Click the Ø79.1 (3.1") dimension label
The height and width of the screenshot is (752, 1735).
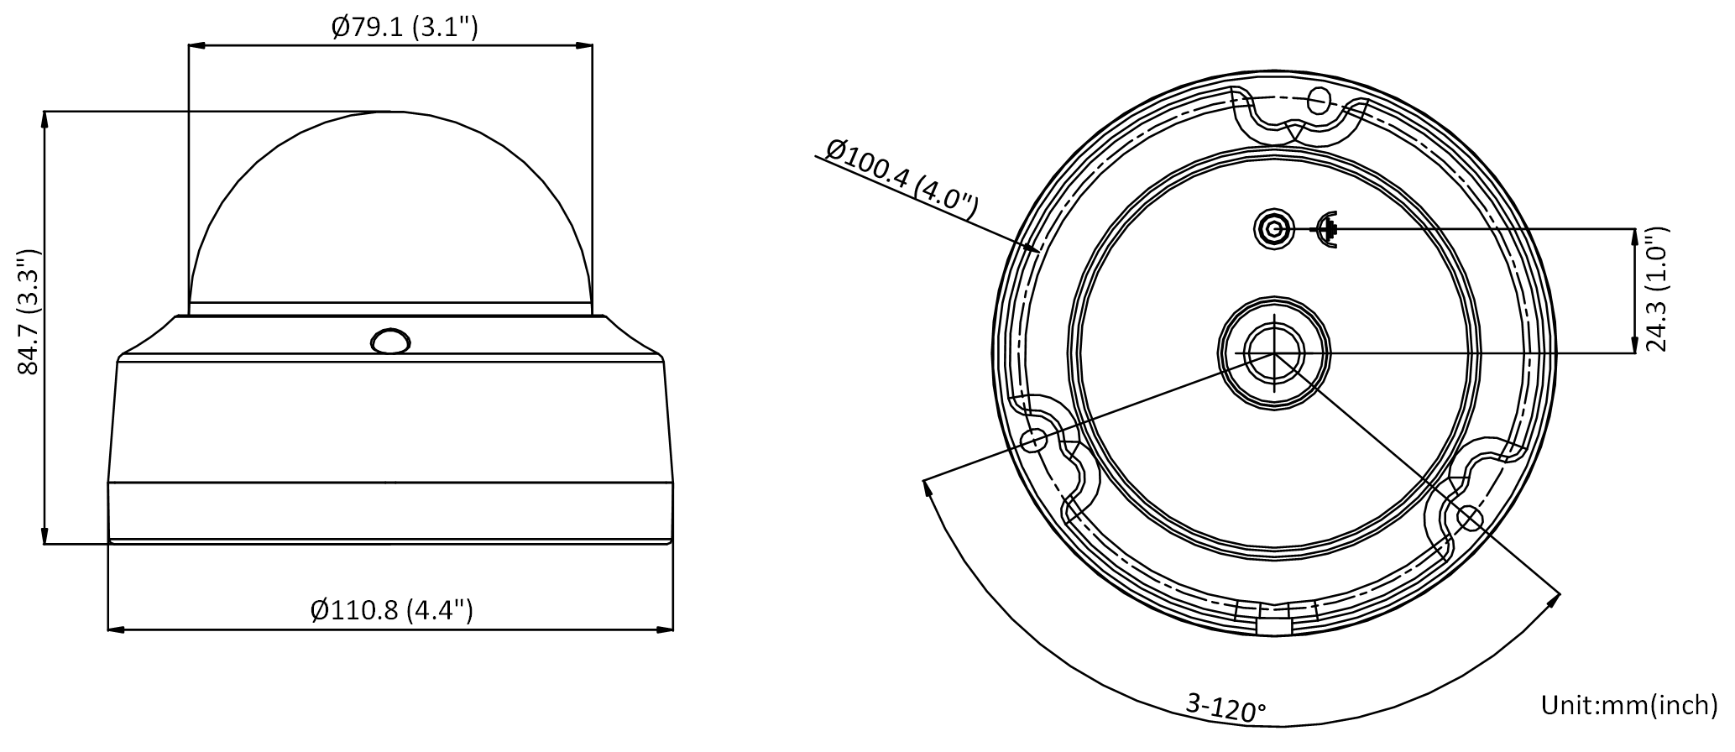coord(404,28)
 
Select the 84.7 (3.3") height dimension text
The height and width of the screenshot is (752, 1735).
coord(30,311)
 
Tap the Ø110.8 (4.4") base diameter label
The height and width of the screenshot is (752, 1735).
coord(391,609)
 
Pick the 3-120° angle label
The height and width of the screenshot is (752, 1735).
coord(1225,707)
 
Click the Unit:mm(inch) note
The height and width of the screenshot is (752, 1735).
coord(1628,705)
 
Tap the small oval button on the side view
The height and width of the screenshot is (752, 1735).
coord(389,341)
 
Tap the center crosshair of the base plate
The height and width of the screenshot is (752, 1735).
coord(1274,353)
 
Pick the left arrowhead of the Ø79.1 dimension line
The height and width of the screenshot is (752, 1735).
coord(198,47)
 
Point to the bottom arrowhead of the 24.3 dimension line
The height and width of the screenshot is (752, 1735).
coord(1634,343)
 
